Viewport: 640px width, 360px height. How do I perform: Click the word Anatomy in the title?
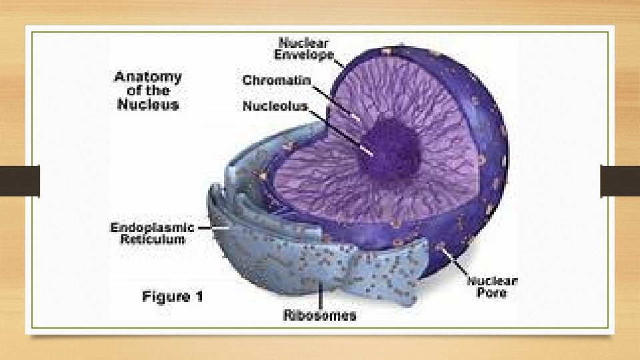147,77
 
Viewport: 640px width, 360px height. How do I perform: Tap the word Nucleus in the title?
147,105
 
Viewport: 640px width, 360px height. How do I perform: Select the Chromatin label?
276,81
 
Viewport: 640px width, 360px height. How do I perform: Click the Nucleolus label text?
275,106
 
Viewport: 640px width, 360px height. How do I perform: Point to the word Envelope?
306,55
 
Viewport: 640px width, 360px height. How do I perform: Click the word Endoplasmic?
152,227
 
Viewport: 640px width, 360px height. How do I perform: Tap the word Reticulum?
153,239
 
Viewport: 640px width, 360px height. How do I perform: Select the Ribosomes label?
319,315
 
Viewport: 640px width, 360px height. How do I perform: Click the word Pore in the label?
492,293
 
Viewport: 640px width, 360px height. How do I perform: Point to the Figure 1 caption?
172,297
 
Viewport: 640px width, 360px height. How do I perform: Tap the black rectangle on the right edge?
620,181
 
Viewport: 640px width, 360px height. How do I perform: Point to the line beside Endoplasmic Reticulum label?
203,227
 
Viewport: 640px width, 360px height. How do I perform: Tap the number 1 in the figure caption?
198,297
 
